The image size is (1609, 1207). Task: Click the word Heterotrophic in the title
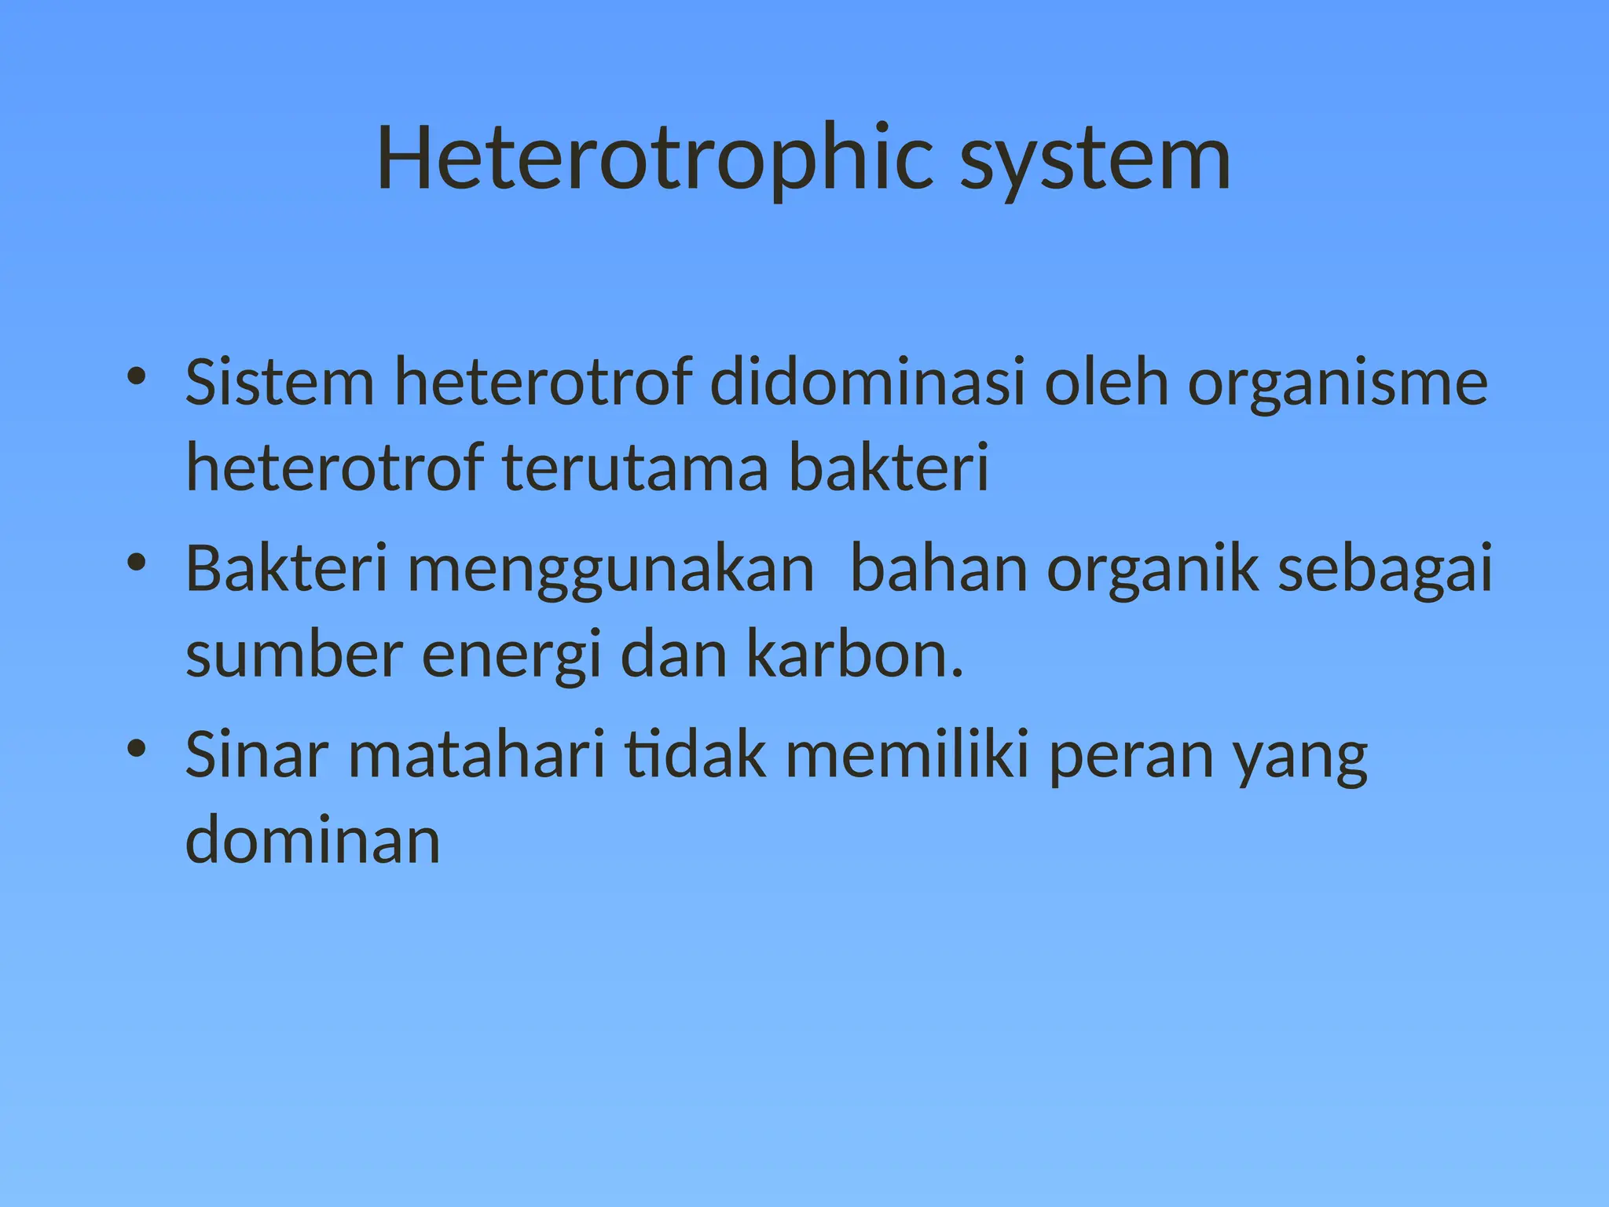[x=655, y=159]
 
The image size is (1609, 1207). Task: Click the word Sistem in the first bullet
[x=280, y=382]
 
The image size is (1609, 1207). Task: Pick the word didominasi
[x=867, y=382]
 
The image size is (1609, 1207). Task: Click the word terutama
[x=635, y=468]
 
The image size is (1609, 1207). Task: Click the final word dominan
[x=313, y=841]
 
